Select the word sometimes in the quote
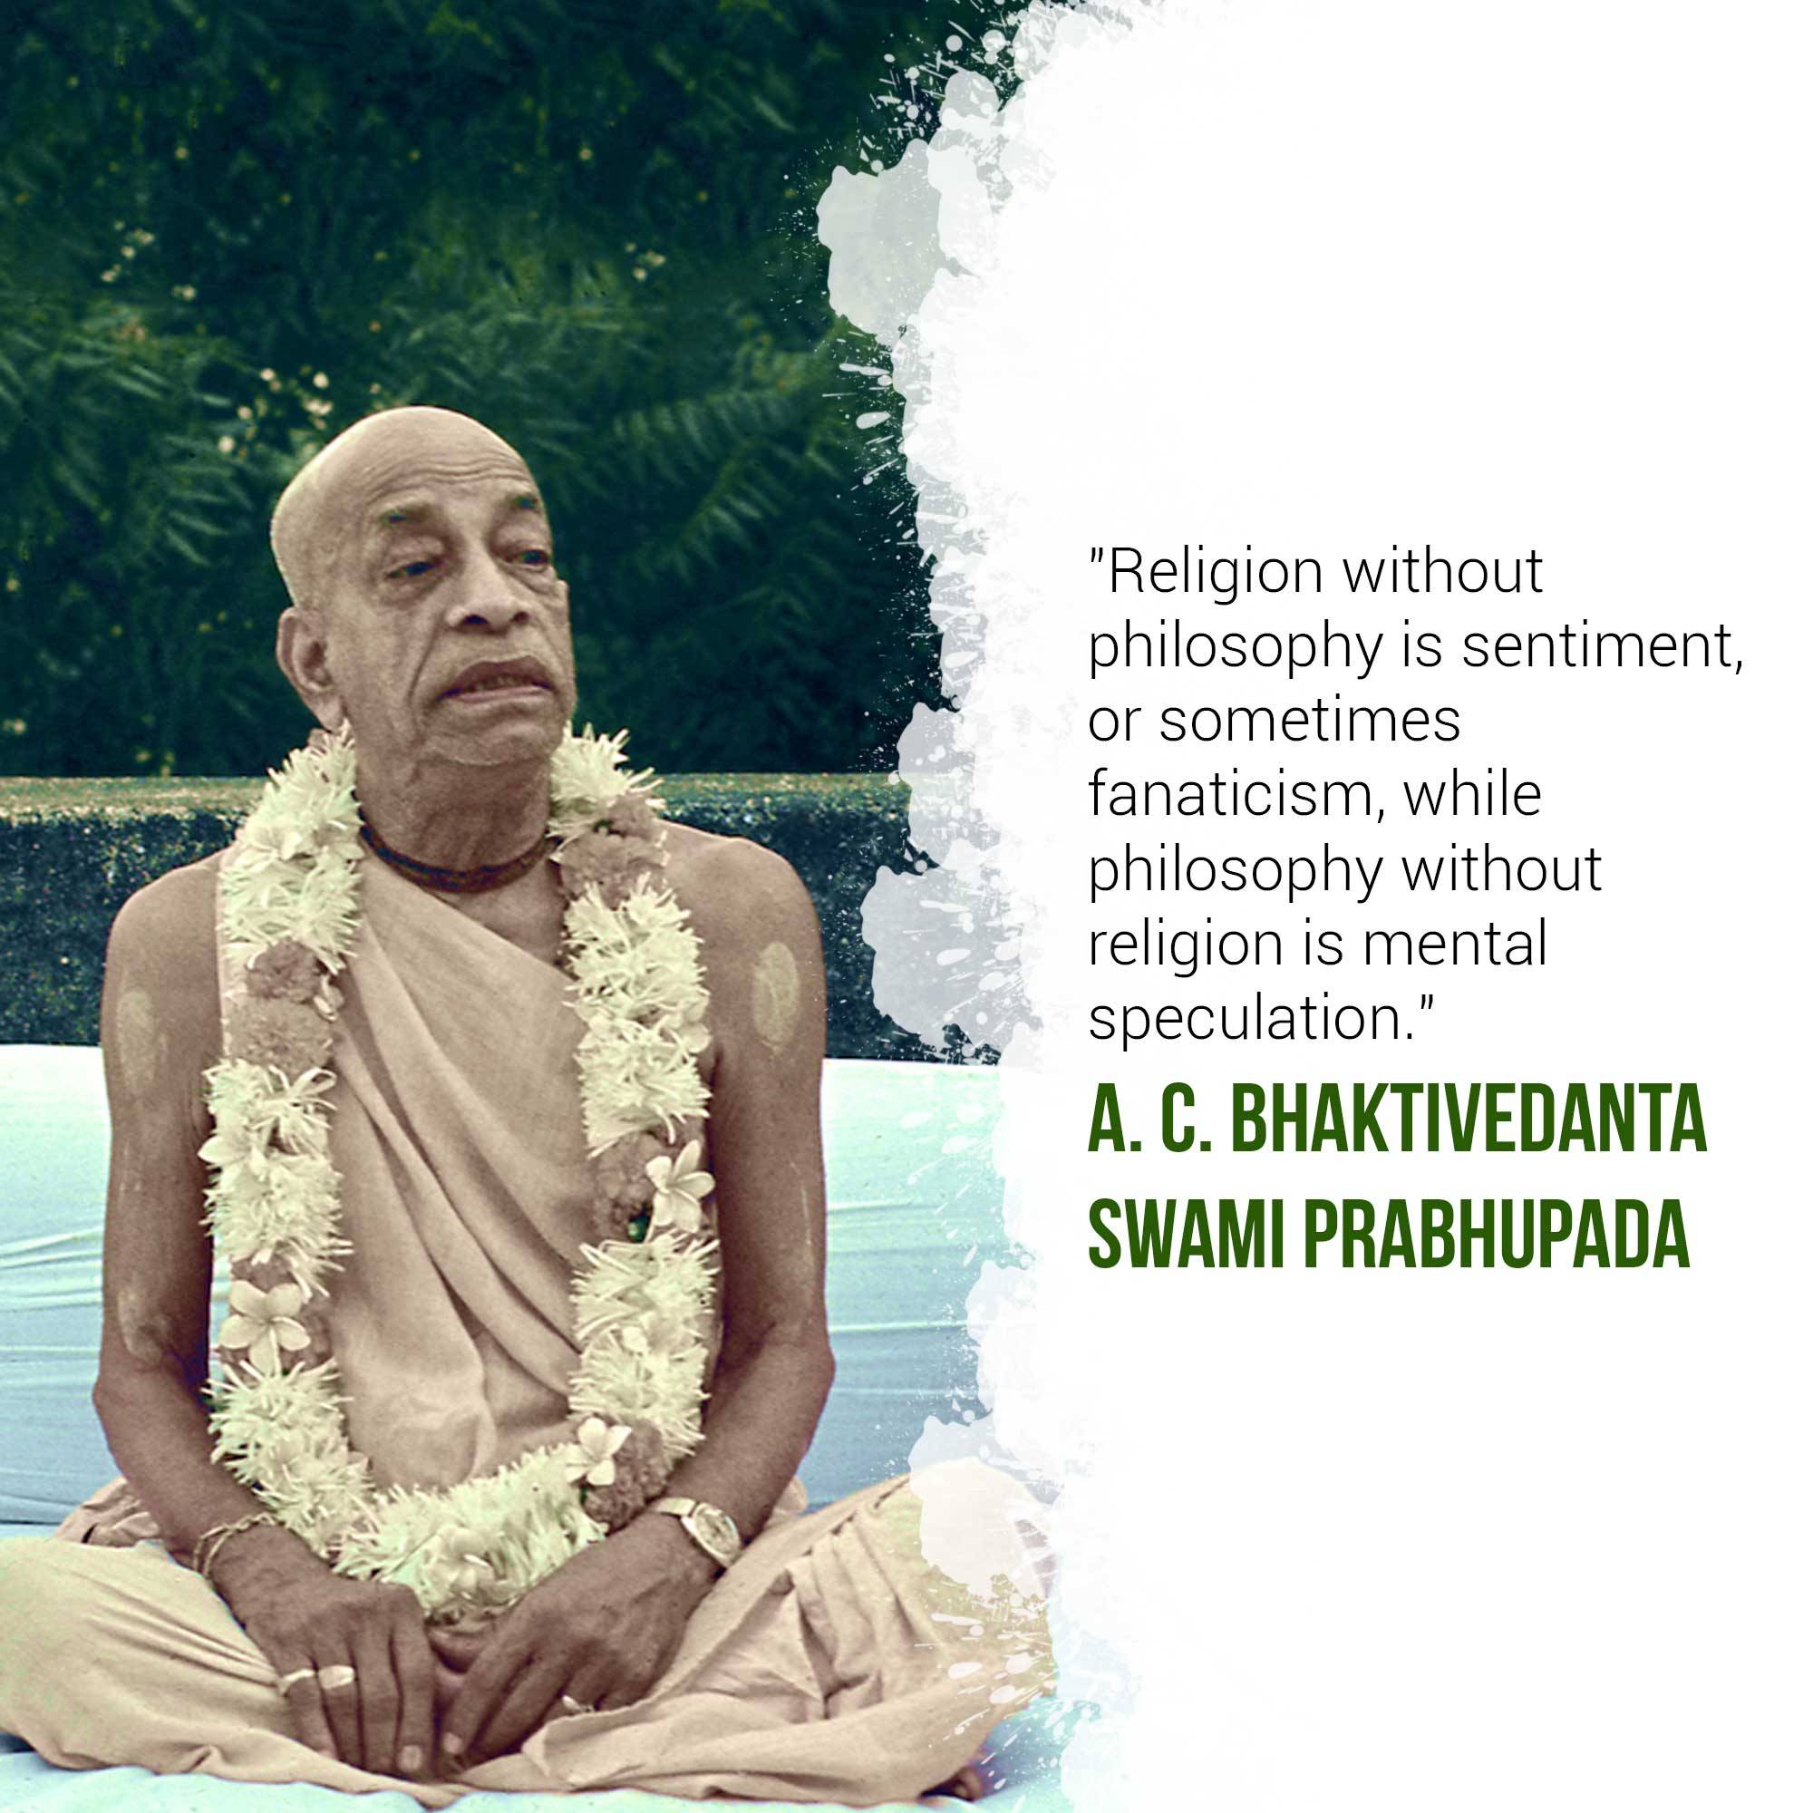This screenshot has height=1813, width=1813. (x=1310, y=722)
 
